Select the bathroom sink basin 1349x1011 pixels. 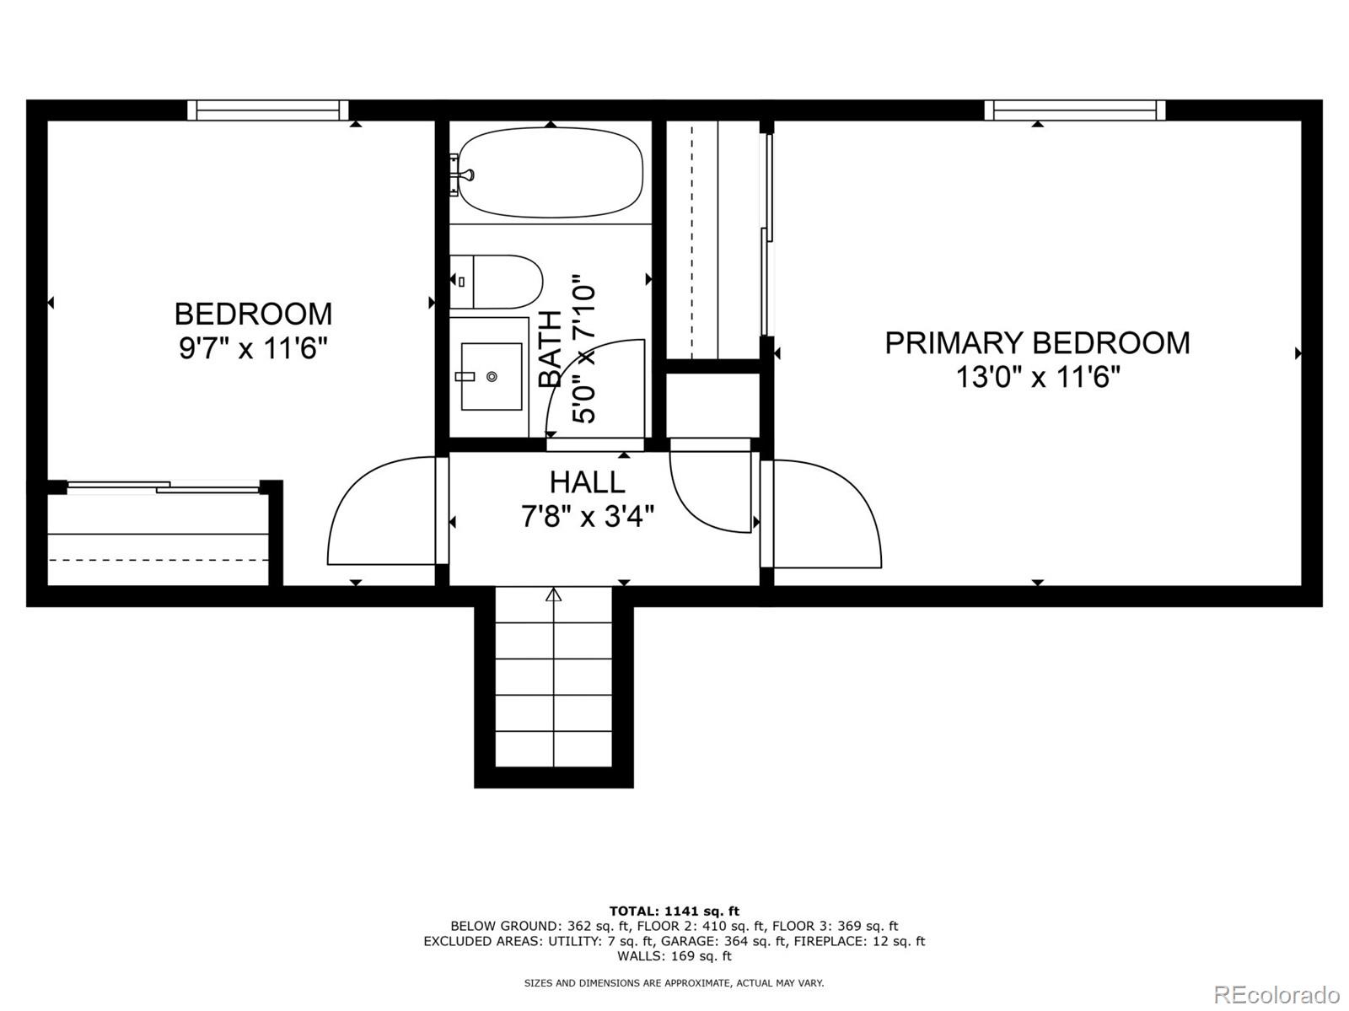click(x=491, y=376)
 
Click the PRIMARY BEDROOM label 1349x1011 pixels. click(x=1037, y=342)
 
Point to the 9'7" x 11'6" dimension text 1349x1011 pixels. click(x=252, y=347)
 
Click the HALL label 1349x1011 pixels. click(x=587, y=482)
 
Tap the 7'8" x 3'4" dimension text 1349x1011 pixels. click(x=587, y=515)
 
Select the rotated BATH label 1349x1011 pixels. click(x=550, y=348)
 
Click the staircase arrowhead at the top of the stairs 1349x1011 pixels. click(x=553, y=595)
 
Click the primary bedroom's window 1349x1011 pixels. click(x=1075, y=110)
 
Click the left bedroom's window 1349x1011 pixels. click(x=267, y=110)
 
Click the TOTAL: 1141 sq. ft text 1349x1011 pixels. click(x=674, y=911)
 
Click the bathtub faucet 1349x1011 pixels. click(x=462, y=175)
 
